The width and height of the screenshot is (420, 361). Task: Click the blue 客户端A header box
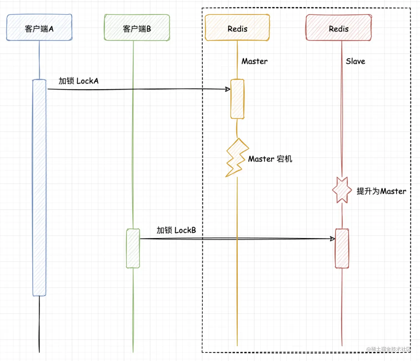tap(39, 27)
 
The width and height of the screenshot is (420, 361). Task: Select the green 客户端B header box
tap(137, 27)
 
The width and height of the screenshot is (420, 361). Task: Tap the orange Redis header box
tap(237, 27)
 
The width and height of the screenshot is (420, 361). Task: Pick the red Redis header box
tap(339, 27)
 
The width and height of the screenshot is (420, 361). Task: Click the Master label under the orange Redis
tap(254, 61)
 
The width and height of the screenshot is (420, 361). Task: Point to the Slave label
tap(355, 61)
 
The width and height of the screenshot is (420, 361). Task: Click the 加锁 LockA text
tap(79, 81)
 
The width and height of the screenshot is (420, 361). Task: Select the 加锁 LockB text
tap(176, 230)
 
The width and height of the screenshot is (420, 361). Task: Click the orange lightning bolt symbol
tap(237, 157)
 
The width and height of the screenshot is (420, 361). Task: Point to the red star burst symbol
tap(342, 190)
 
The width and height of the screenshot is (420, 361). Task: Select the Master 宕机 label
tap(270, 159)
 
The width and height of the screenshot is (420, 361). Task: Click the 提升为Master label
tap(381, 191)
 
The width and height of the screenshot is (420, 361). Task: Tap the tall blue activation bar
tap(39, 188)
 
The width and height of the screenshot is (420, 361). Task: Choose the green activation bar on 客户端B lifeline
tap(133, 248)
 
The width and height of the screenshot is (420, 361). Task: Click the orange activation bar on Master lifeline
tap(237, 99)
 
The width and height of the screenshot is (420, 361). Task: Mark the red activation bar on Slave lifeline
tap(342, 249)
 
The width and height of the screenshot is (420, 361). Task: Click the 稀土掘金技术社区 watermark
tap(389, 349)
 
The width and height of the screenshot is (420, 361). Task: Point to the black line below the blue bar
tap(39, 324)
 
